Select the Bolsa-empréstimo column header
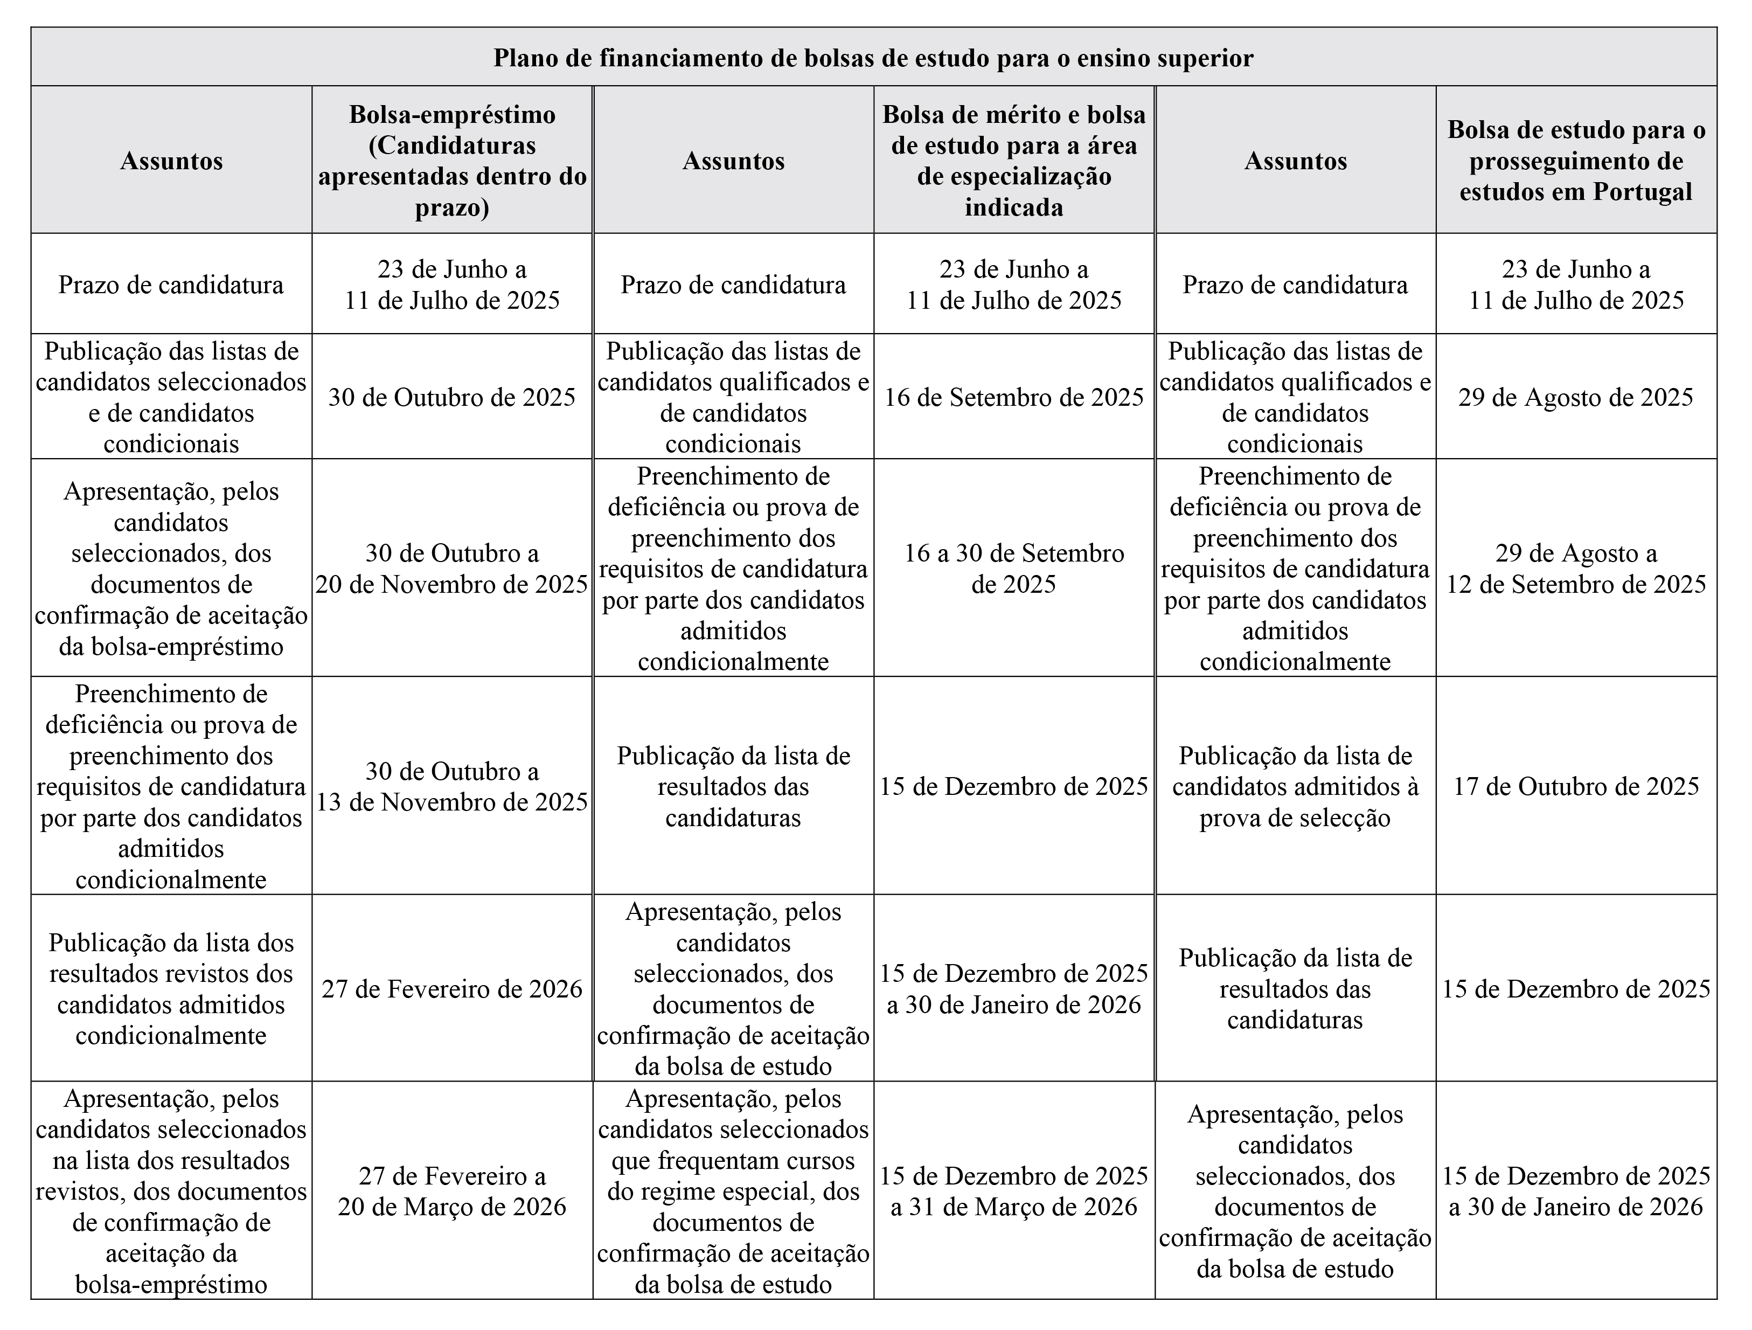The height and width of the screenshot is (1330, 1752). tap(451, 160)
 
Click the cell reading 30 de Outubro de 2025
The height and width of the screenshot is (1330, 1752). tap(451, 397)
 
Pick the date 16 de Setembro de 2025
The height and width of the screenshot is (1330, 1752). tap(1014, 397)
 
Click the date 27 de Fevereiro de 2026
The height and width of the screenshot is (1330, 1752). tap(451, 988)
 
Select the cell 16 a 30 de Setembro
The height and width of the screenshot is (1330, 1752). tap(1014, 568)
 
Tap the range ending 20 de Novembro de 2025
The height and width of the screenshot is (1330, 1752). tap(451, 568)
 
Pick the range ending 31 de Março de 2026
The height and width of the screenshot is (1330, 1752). tap(1014, 1190)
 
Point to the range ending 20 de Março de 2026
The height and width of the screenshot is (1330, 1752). tap(451, 1190)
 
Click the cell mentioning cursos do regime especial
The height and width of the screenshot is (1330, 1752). tap(733, 1190)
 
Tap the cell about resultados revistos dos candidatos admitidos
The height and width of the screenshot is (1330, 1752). tap(171, 988)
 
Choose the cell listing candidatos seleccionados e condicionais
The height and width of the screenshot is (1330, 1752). tap(171, 397)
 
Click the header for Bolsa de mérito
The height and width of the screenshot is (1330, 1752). tap(1014, 160)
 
